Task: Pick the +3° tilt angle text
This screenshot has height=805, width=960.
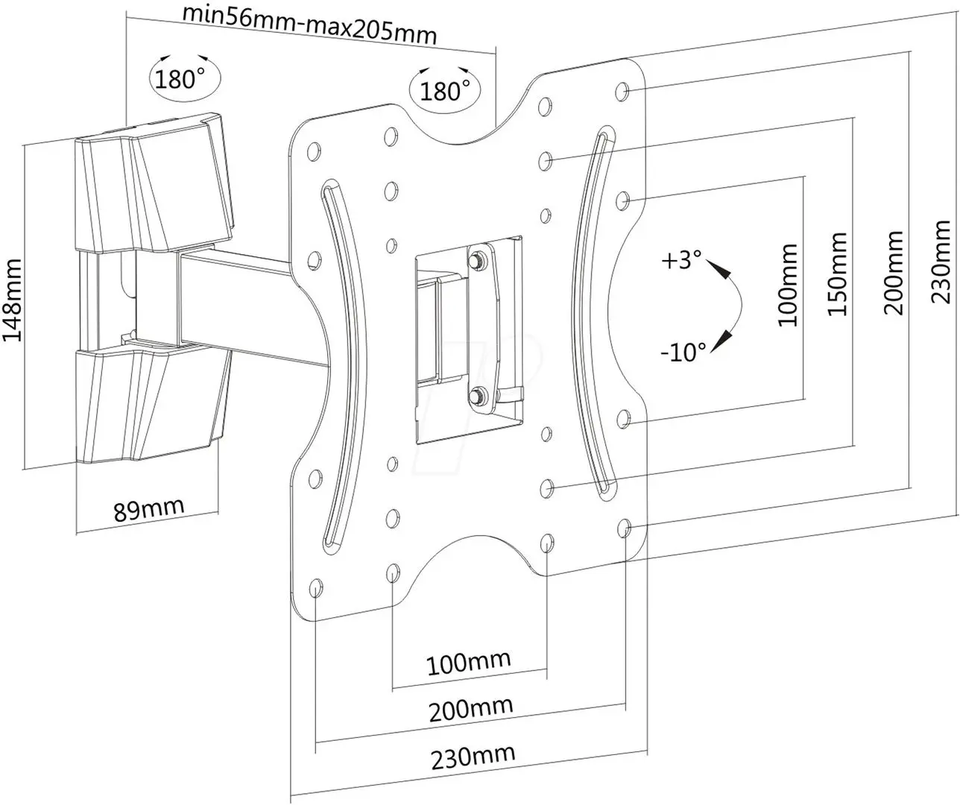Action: (x=681, y=261)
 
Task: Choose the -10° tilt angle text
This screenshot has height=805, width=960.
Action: (x=683, y=350)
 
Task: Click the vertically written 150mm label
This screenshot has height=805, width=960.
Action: (x=839, y=274)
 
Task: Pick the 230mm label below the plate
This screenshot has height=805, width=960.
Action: (x=473, y=757)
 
